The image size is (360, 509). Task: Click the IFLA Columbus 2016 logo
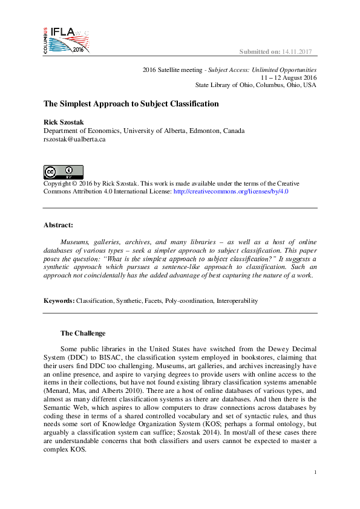(66, 40)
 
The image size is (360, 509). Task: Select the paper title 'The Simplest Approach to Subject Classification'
(131, 104)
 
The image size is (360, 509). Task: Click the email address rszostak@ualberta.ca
(74, 138)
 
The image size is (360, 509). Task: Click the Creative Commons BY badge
(63, 171)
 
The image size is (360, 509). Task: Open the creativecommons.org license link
(231, 191)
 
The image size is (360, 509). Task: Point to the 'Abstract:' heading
(58, 225)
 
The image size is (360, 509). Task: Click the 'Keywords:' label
(59, 300)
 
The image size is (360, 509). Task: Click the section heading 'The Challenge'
(83, 333)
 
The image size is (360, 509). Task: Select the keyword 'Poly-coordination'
(189, 300)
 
